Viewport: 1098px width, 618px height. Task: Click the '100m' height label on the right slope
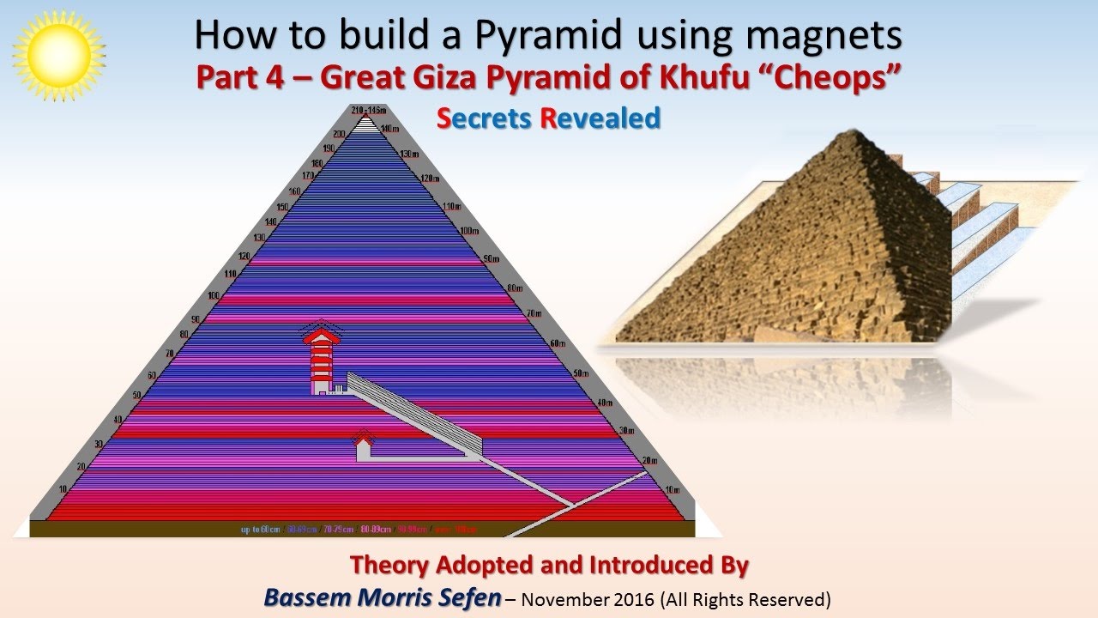coord(468,231)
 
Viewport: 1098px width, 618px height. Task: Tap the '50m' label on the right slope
coord(581,373)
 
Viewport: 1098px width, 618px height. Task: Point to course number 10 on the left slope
coord(61,488)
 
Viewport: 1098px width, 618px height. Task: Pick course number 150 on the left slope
coord(283,208)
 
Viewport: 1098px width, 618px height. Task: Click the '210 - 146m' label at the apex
coord(369,110)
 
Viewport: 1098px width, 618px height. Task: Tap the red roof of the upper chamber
coord(321,334)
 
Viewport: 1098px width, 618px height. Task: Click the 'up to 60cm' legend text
coord(259,530)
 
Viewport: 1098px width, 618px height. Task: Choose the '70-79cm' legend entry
coord(338,530)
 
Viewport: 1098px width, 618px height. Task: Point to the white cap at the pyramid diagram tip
coord(366,123)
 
